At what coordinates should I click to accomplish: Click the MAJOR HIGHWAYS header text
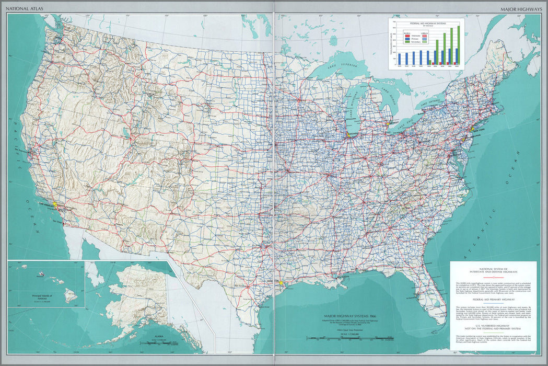pos(521,9)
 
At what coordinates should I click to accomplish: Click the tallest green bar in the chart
pos(459,45)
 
